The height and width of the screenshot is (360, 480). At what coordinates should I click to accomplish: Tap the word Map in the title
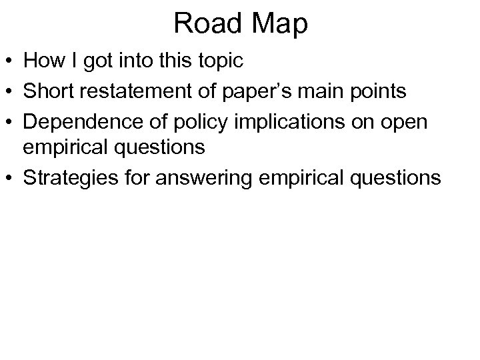point(279,25)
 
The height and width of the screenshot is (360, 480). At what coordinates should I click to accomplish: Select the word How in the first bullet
point(42,61)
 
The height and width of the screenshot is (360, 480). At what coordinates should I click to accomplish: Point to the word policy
point(186,121)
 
